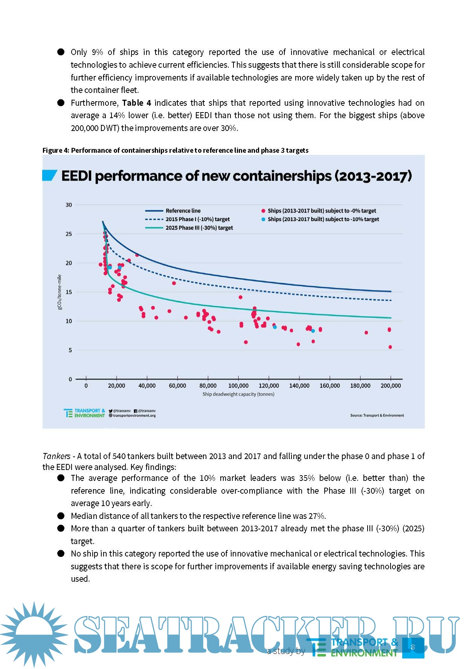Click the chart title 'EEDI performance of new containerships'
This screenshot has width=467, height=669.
point(236,176)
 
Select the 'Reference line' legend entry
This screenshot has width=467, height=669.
point(183,211)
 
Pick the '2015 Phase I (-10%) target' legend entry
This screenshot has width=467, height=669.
point(197,219)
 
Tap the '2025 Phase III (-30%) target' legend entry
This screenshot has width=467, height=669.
point(199,228)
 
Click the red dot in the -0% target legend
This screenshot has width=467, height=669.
point(263,211)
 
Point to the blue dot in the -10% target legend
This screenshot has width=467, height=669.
point(263,219)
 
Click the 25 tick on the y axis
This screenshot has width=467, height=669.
point(69,234)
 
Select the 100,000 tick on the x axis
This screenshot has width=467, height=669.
point(238,386)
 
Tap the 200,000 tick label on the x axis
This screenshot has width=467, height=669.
point(391,386)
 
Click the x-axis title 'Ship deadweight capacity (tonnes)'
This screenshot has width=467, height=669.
point(238,394)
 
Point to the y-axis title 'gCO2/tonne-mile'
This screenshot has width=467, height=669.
point(60,292)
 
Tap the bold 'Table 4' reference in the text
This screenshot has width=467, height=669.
point(136,103)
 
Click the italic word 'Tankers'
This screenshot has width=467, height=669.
point(56,456)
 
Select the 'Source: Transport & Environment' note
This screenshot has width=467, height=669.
point(377,415)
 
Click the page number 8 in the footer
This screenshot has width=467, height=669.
point(413,647)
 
